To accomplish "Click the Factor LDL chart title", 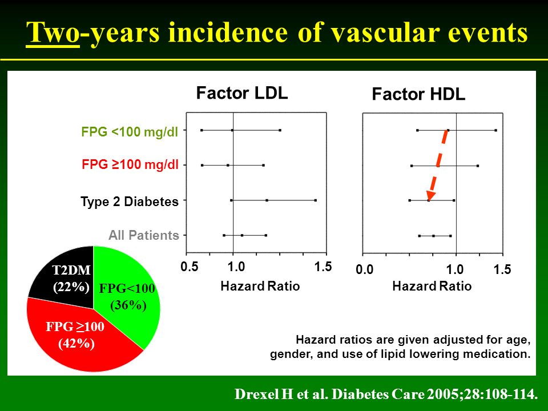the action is (242, 93).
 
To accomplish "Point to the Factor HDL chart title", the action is (418, 94).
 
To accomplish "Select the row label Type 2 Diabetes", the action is (130, 202).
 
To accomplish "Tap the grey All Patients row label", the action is (144, 235).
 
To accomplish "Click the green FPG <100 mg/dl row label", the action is (130, 132).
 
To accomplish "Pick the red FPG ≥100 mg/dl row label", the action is (130, 164).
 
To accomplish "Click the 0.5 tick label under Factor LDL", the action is (190, 267).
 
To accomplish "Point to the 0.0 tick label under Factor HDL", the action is (365, 269).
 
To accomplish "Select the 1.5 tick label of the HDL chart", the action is (502, 269).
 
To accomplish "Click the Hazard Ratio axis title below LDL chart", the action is (260, 286).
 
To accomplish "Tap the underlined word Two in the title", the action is (53, 33).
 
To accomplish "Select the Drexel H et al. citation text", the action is (386, 394).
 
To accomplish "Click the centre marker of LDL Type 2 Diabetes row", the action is (267, 200).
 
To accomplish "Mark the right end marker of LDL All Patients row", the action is (266, 235).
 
